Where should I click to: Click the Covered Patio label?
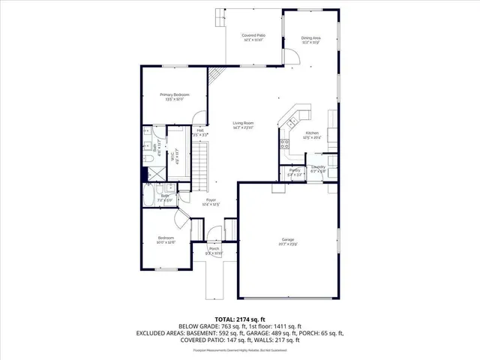[x=253, y=35]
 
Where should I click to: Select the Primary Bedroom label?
[x=174, y=95]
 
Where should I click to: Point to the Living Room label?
[x=242, y=124]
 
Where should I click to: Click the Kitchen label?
[x=311, y=133]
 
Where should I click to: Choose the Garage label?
[x=289, y=240]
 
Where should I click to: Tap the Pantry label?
[x=295, y=171]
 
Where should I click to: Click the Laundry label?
[x=319, y=168]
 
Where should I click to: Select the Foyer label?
[x=211, y=201]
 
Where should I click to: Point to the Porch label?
[x=214, y=249]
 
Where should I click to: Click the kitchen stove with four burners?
[x=285, y=145]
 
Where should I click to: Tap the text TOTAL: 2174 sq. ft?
[x=239, y=319]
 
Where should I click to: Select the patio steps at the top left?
[x=220, y=16]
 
